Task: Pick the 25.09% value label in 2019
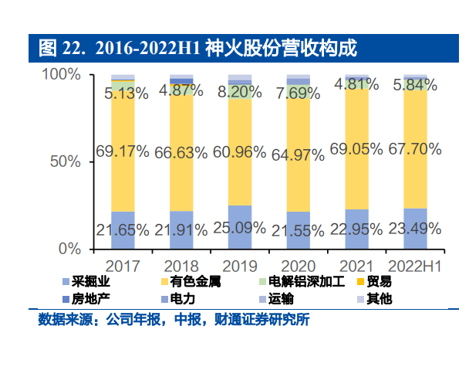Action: tap(240, 229)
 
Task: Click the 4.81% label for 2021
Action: tap(356, 85)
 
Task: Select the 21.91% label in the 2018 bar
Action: tap(181, 229)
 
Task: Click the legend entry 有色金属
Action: tap(194, 281)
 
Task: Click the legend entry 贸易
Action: tap(379, 281)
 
